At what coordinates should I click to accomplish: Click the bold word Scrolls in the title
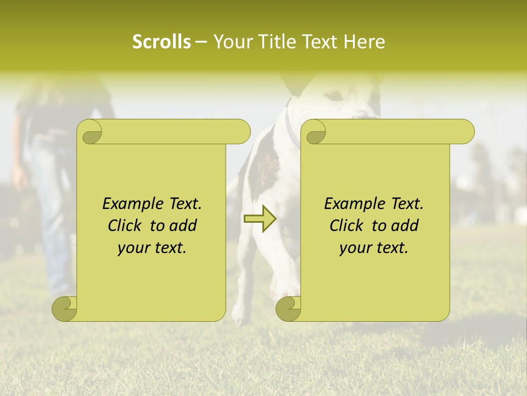point(161,42)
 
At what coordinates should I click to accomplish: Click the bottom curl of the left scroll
point(65,309)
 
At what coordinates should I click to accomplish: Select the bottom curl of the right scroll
point(289,309)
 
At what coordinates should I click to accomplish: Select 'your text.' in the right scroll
point(374,248)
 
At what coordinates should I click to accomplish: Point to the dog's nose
point(365,114)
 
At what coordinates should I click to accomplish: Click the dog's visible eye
point(333,97)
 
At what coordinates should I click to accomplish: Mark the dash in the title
point(201,42)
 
